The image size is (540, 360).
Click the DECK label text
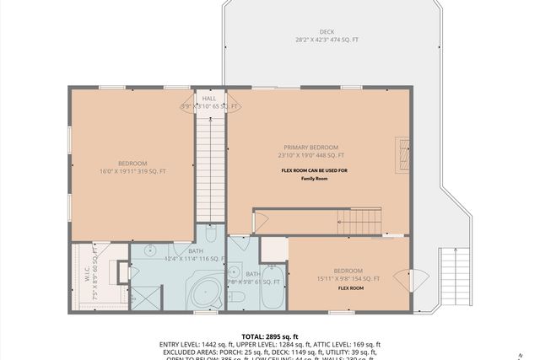pyautogui.click(x=327, y=32)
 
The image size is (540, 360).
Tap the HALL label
pyautogui.click(x=208, y=99)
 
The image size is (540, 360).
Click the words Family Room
pyautogui.click(x=314, y=179)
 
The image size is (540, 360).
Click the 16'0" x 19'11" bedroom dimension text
pyautogui.click(x=132, y=171)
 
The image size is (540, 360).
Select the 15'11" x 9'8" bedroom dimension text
pyautogui.click(x=347, y=279)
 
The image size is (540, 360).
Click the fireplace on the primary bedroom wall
pyautogui.click(x=404, y=155)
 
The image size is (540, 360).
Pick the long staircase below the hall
pyautogui.click(x=210, y=169)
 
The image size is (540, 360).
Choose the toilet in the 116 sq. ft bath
pyautogui.click(x=211, y=233)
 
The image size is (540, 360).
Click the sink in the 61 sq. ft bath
pyautogui.click(x=234, y=273)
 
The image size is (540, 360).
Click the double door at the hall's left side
pyautogui.click(x=187, y=105)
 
